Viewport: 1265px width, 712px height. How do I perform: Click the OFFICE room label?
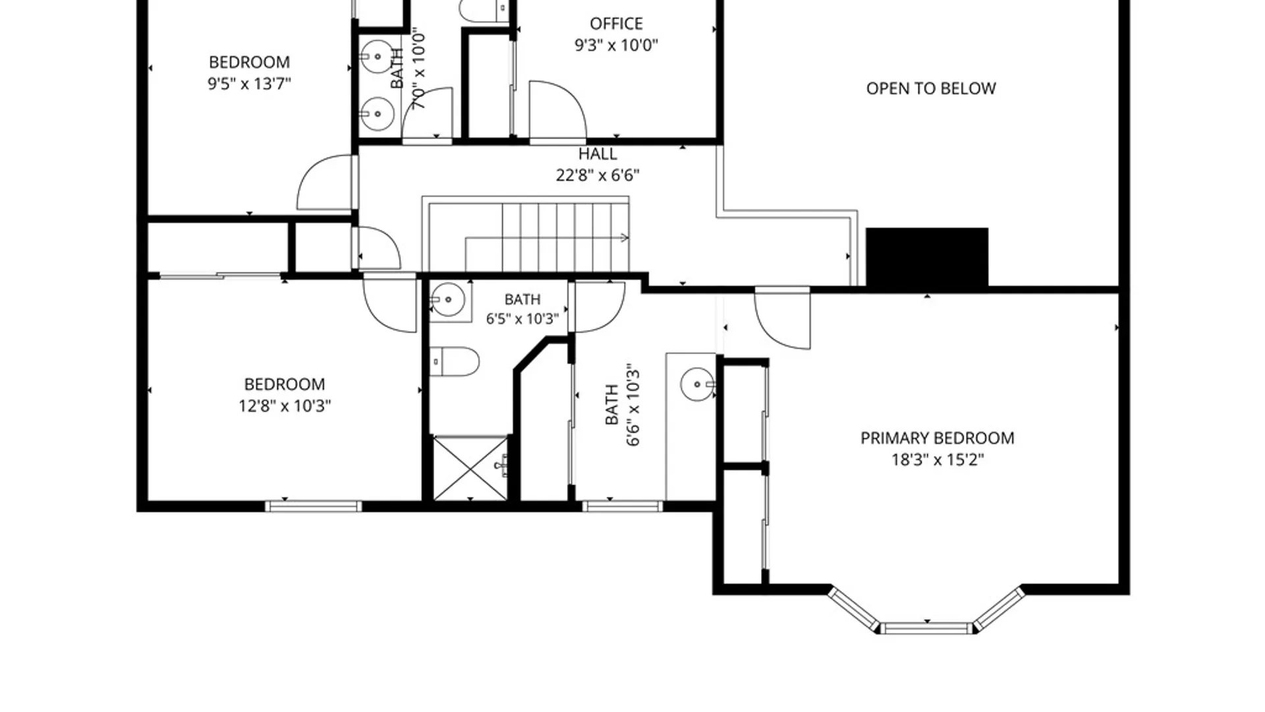pos(616,24)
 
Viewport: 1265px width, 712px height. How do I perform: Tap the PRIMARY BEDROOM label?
pos(937,438)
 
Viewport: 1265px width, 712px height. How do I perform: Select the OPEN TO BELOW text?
pos(931,88)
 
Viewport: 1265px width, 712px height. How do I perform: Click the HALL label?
pos(598,154)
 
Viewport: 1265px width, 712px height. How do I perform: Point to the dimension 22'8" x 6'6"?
pos(598,175)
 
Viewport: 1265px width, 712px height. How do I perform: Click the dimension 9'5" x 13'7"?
pos(249,84)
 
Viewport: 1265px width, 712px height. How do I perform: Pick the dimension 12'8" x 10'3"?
pos(285,406)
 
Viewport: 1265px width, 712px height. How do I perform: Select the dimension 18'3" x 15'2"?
pos(938,460)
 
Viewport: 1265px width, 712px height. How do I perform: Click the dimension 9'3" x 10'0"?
pos(616,45)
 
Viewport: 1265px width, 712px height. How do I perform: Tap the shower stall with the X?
pos(470,468)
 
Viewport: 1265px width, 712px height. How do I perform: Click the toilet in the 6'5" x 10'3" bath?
pos(454,362)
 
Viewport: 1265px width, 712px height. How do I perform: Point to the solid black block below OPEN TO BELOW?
pos(927,257)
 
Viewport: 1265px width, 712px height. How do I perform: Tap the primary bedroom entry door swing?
pos(782,318)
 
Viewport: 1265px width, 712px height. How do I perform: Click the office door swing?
pos(557,111)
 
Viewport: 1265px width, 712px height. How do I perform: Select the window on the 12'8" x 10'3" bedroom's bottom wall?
pos(314,506)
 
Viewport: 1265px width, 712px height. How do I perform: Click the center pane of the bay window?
pos(926,628)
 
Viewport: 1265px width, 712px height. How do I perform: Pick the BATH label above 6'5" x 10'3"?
pos(522,300)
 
